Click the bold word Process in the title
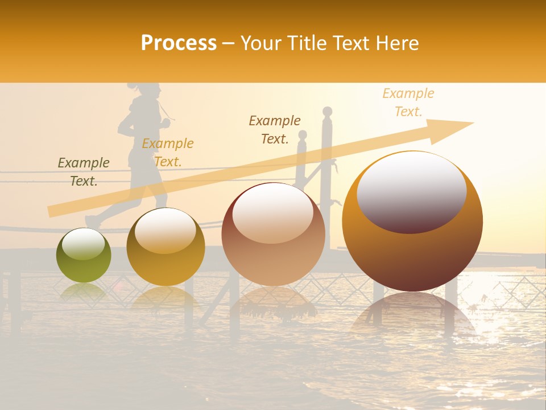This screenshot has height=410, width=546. click(179, 43)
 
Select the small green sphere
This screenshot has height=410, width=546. click(84, 256)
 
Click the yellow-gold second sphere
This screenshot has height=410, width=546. click(166, 247)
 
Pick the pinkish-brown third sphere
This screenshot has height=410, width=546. click(273, 235)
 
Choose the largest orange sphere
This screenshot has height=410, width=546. click(412, 222)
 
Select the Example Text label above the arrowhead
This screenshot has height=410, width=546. click(408, 102)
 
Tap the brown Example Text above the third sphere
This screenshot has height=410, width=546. click(275, 130)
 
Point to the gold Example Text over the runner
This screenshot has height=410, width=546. click(168, 153)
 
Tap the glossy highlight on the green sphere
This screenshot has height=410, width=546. click(83, 245)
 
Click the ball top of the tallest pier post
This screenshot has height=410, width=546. click(327, 112)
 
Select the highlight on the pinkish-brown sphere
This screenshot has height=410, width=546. click(273, 214)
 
